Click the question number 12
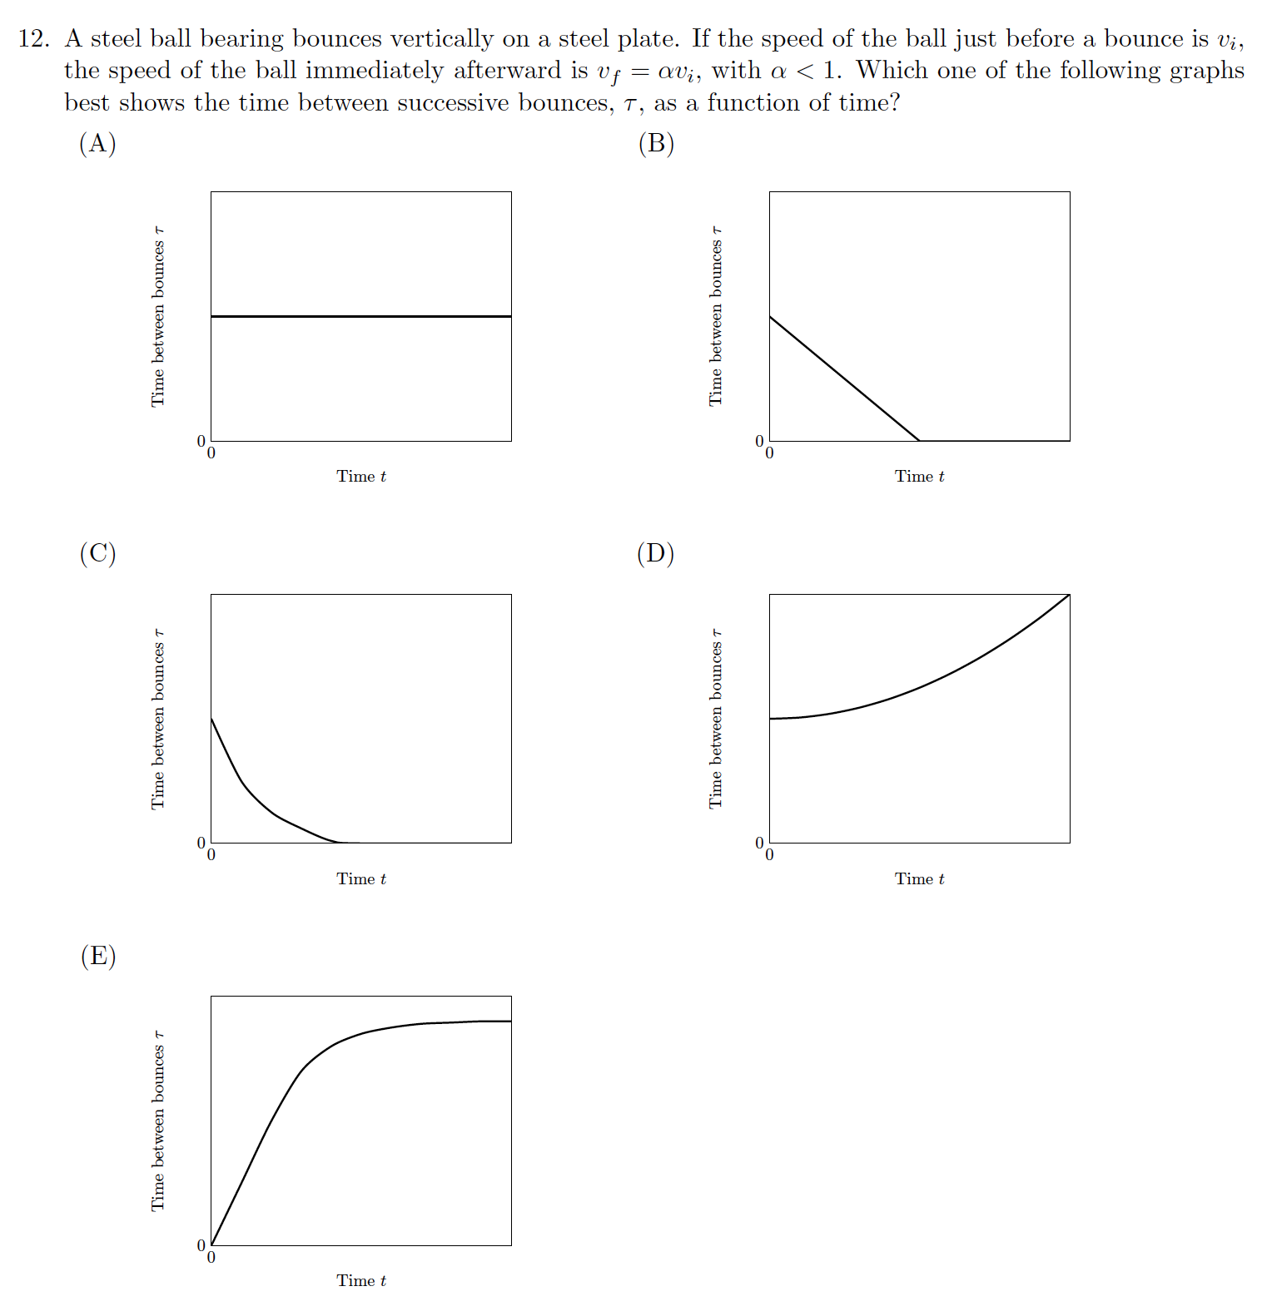[x=32, y=39]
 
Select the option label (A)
[x=97, y=144]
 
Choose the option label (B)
[x=656, y=144]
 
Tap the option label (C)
[x=97, y=553]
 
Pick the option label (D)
[x=656, y=553]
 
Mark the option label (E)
[x=97, y=956]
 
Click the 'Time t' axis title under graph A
[x=361, y=477]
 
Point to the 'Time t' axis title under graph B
[x=919, y=477]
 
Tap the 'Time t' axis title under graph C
[x=361, y=879]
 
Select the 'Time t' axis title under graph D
[x=919, y=879]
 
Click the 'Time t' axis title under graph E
[x=361, y=1281]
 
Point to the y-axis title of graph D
[x=716, y=719]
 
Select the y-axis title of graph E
[x=158, y=1121]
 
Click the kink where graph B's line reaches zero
[x=919, y=441]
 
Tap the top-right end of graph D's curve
[x=1069, y=595]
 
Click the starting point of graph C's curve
[x=211, y=719]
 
